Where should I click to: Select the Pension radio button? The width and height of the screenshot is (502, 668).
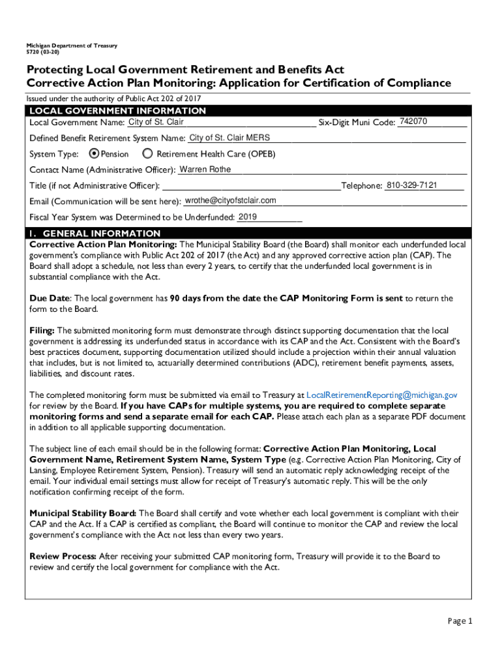(94, 154)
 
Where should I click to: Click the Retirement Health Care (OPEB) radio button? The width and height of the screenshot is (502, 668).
(147, 154)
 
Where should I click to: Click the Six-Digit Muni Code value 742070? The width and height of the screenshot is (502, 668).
(413, 122)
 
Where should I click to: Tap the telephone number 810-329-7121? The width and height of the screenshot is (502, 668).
(411, 185)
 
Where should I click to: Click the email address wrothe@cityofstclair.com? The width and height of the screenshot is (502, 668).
(230, 200)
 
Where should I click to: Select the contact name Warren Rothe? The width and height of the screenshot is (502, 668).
(205, 170)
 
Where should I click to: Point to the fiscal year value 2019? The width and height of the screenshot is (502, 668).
(248, 217)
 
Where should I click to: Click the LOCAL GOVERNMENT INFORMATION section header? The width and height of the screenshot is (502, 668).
(117, 111)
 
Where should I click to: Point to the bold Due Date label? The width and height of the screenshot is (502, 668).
(49, 298)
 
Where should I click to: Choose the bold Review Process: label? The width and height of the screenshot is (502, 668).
(63, 556)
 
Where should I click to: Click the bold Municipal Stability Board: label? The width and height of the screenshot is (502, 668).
(83, 513)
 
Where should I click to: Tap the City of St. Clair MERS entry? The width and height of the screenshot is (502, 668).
(229, 138)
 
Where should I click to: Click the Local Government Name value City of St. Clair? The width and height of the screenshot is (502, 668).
(156, 122)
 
